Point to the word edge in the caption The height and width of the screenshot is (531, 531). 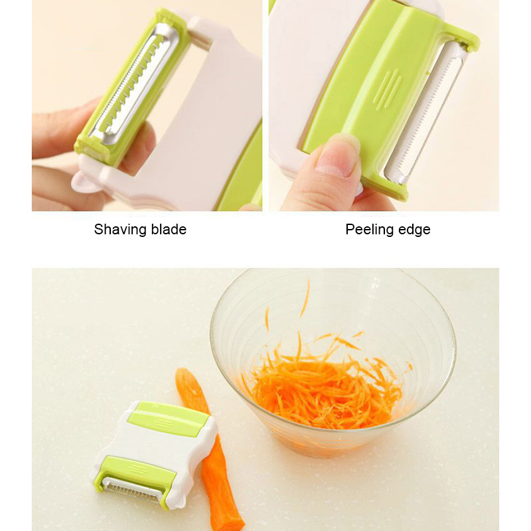pos(414,230)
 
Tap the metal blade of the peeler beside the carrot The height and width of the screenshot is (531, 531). pos(133,492)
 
